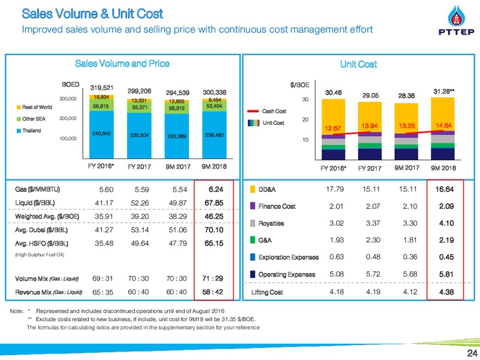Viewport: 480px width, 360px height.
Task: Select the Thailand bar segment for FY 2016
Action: click(101, 134)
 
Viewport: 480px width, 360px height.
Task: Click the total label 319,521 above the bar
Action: click(101, 88)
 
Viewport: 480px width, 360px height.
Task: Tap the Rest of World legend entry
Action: click(34, 107)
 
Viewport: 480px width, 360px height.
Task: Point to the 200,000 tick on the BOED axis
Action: click(68, 118)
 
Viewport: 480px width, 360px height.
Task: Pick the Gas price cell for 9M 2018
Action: click(216, 190)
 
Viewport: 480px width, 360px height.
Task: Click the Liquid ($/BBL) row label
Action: click(35, 203)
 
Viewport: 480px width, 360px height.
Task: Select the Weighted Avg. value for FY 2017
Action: click(140, 217)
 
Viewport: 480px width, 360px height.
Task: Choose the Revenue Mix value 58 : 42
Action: click(212, 292)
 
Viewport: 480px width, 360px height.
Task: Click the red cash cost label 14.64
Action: click(443, 125)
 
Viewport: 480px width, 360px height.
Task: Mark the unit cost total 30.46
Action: click(334, 93)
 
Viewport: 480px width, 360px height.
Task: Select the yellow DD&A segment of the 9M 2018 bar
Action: click(443, 114)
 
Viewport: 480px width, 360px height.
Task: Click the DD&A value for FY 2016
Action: click(335, 189)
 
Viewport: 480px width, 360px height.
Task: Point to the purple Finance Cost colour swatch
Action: click(253, 206)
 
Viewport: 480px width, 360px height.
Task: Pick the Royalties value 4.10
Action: click(446, 223)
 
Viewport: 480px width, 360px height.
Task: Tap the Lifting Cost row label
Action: click(267, 292)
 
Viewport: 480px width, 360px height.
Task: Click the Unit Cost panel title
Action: click(358, 64)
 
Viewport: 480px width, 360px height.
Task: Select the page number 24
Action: click(472, 353)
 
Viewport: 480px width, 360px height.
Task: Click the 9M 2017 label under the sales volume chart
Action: click(178, 167)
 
